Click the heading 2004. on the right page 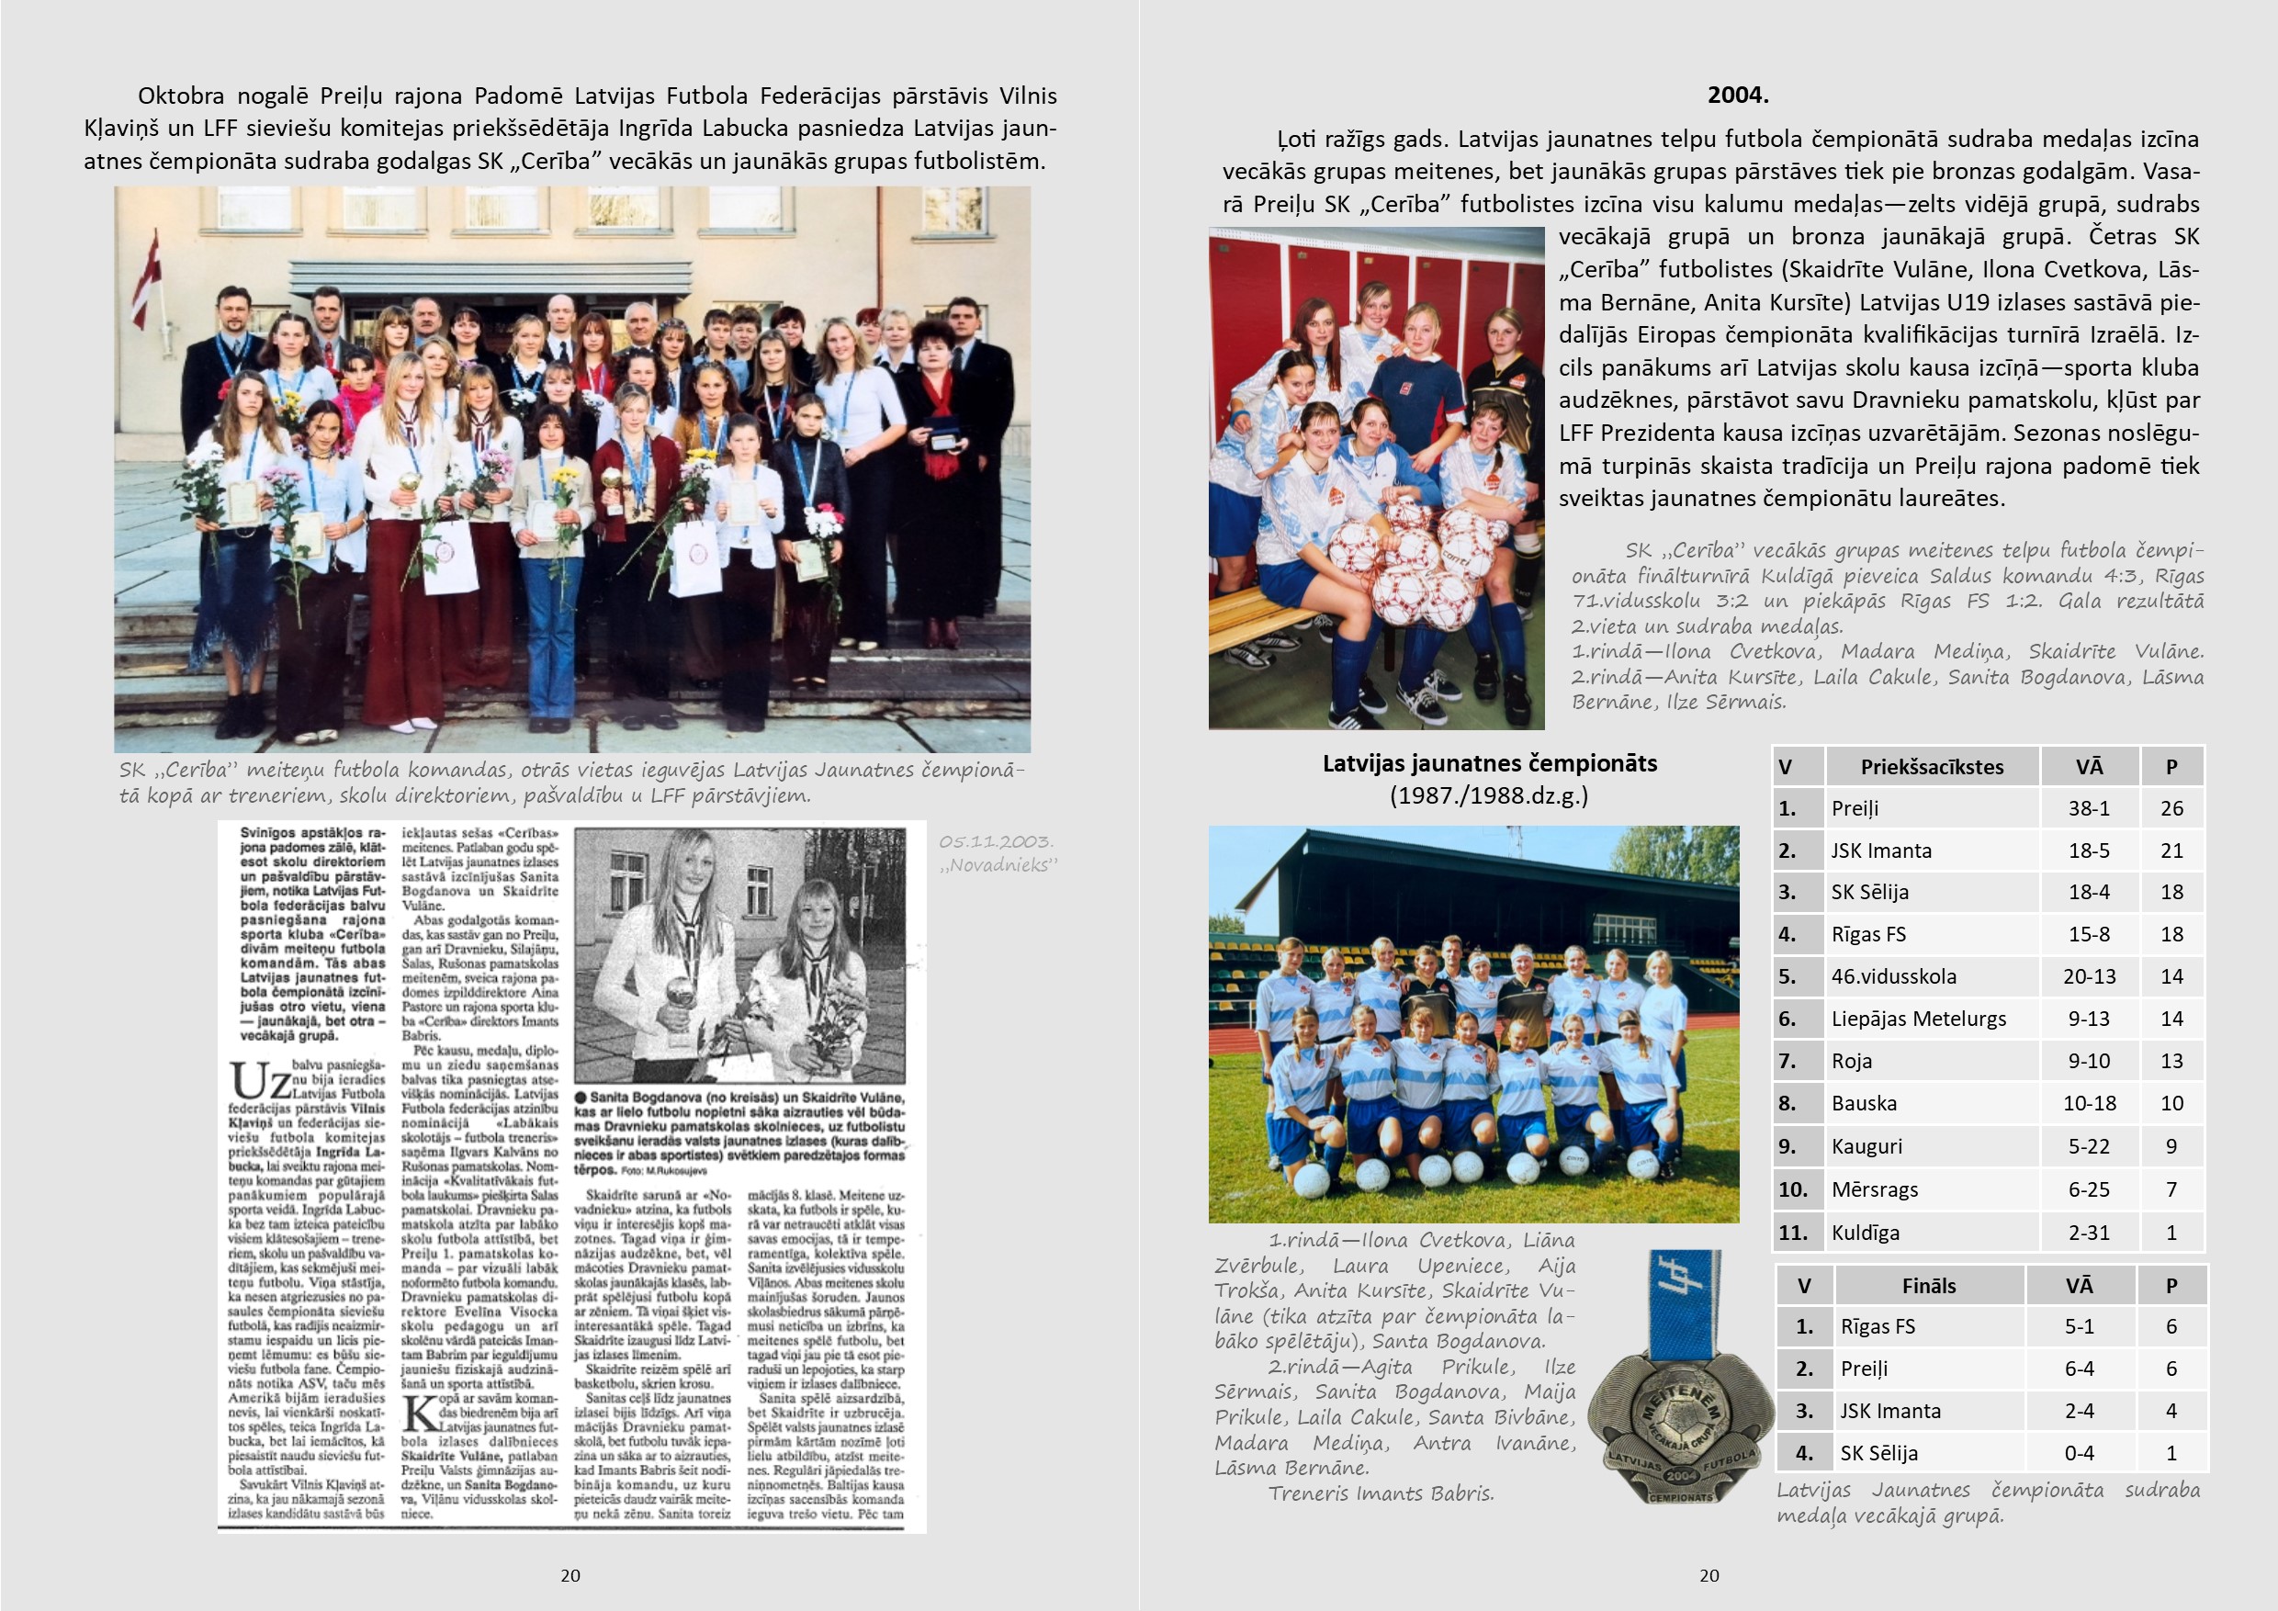[1737, 96]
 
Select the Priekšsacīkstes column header [1931, 767]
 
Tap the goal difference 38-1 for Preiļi [2089, 808]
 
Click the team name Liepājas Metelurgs [1918, 1019]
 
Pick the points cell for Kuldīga [2171, 1234]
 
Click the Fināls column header [1929, 1287]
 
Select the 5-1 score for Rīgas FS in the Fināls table [2079, 1327]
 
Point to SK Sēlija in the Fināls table [1878, 1453]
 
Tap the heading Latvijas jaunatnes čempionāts [1489, 764]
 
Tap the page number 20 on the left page [570, 1575]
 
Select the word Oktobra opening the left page [181, 96]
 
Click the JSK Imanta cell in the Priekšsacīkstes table [1881, 851]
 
